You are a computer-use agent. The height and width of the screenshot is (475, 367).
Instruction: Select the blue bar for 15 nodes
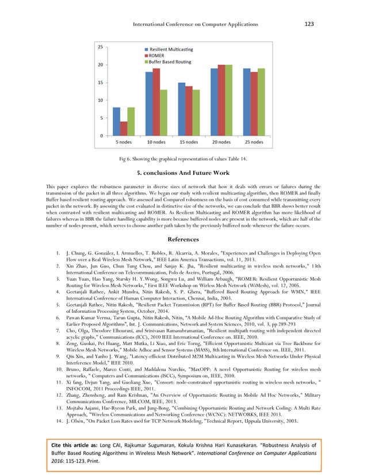(x=182, y=109)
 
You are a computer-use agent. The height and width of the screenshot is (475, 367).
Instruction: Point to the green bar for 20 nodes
(x=228, y=100)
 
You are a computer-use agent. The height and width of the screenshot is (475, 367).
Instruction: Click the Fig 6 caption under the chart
(x=183, y=158)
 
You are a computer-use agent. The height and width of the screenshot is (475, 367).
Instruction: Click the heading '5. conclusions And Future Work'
(x=183, y=173)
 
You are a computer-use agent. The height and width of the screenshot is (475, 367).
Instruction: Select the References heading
(x=183, y=239)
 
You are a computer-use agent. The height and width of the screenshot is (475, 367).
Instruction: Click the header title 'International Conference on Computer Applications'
(x=195, y=25)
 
